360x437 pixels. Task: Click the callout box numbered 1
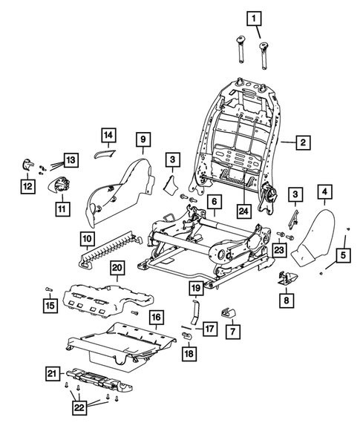pos(255,17)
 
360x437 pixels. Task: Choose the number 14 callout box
pos(108,135)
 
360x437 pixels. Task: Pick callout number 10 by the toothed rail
pos(87,239)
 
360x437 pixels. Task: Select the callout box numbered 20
pos(117,267)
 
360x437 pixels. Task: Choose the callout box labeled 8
pos(285,300)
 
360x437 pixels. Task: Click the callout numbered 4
pos(324,194)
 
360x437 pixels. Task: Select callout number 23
pos(280,250)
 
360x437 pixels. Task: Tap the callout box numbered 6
pos(212,201)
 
